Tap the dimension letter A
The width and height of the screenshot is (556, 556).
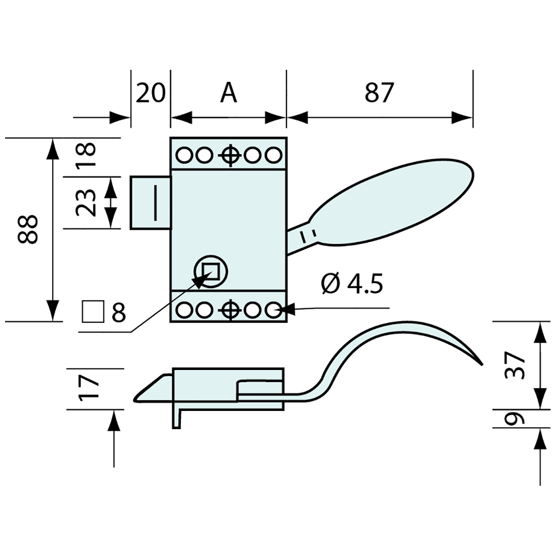tap(228, 93)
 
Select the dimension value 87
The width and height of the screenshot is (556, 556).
tap(379, 93)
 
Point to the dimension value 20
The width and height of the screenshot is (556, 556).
tap(151, 93)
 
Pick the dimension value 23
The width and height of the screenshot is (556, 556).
tap(86, 202)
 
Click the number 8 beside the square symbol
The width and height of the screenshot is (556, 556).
tap(118, 313)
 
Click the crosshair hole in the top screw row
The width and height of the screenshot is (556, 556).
tap(229, 155)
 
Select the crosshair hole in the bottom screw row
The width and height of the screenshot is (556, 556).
tap(229, 309)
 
